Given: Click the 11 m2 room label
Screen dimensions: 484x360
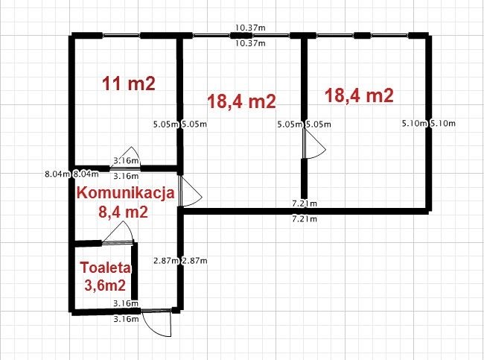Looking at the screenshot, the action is pyautogui.click(x=128, y=83).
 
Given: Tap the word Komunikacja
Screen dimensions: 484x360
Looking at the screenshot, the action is pyautogui.click(x=126, y=193).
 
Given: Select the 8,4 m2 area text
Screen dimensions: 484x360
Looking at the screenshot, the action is pyautogui.click(x=123, y=212).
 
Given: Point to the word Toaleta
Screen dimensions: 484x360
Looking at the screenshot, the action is pyautogui.click(x=106, y=268).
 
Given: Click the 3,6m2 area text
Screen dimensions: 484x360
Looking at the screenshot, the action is pyautogui.click(x=105, y=285).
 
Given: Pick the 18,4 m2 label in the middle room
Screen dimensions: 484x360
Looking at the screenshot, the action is pyautogui.click(x=241, y=101).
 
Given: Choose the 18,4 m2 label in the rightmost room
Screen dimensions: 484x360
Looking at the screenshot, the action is pyautogui.click(x=360, y=95).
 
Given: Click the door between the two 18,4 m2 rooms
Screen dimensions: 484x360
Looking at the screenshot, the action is pyautogui.click(x=313, y=143).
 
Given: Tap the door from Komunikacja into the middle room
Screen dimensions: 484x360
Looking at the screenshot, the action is pyautogui.click(x=190, y=192).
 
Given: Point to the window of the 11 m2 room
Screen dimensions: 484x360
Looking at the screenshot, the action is pyautogui.click(x=121, y=35).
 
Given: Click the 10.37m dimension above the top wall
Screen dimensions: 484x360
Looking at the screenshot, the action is pyautogui.click(x=250, y=28).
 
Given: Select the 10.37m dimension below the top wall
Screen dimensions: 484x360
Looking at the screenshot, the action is pyautogui.click(x=250, y=43).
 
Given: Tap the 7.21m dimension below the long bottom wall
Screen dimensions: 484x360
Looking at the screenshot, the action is pyautogui.click(x=305, y=219).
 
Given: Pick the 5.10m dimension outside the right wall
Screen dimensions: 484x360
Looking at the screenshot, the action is pyautogui.click(x=443, y=123).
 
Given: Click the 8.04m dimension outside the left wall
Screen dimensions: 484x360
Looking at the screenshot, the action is pyautogui.click(x=57, y=174).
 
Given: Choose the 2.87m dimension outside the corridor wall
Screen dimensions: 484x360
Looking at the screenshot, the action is pyautogui.click(x=194, y=261).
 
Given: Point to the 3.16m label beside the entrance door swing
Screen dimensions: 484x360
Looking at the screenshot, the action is pyautogui.click(x=126, y=319).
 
